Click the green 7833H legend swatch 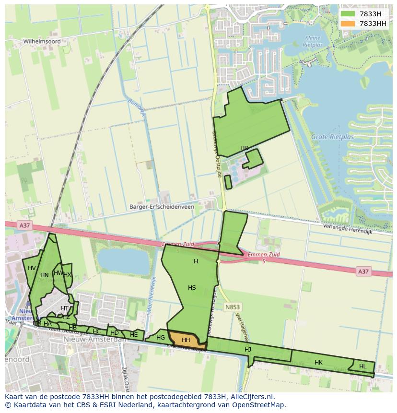(348, 14)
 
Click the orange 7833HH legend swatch (348, 24)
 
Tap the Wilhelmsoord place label (42, 42)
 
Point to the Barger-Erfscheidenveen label (162, 207)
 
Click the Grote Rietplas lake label (333, 137)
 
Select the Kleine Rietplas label (314, 41)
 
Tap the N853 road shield (233, 307)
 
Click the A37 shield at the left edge (24, 224)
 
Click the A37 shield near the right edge (363, 271)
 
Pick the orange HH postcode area (186, 340)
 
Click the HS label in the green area (192, 288)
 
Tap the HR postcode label (245, 148)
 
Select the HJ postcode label (248, 350)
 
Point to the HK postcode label (318, 363)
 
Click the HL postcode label (362, 366)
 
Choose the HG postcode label (161, 338)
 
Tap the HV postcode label (32, 268)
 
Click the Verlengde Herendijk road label (348, 229)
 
